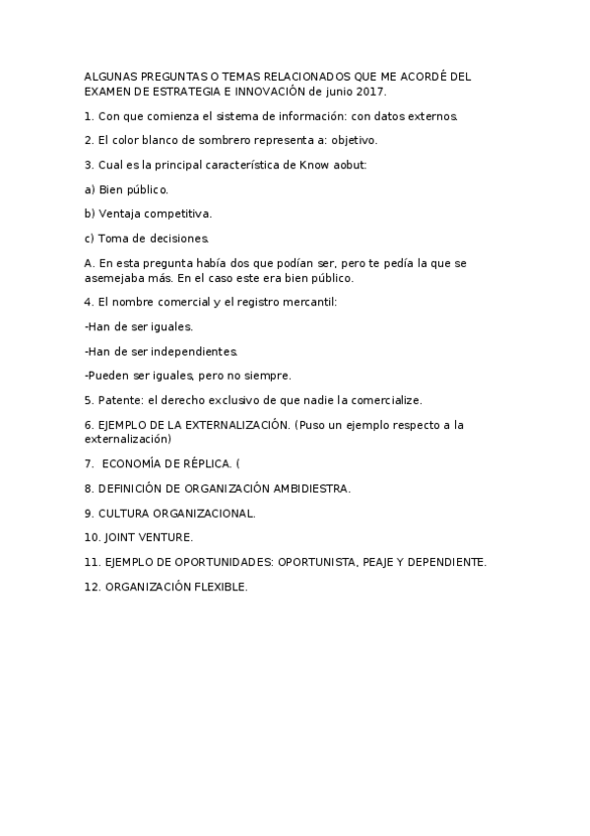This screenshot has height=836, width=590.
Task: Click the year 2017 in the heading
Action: point(370,91)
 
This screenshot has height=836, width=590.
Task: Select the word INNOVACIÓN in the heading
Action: point(265,91)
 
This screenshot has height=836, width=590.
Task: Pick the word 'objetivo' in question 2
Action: point(354,141)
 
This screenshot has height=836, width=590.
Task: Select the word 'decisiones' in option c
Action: point(175,238)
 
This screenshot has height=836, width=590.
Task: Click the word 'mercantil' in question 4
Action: point(308,302)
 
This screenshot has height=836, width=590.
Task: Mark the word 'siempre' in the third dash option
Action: point(269,375)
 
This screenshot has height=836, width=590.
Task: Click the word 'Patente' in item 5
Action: point(119,399)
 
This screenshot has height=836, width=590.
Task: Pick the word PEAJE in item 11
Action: point(381,562)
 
